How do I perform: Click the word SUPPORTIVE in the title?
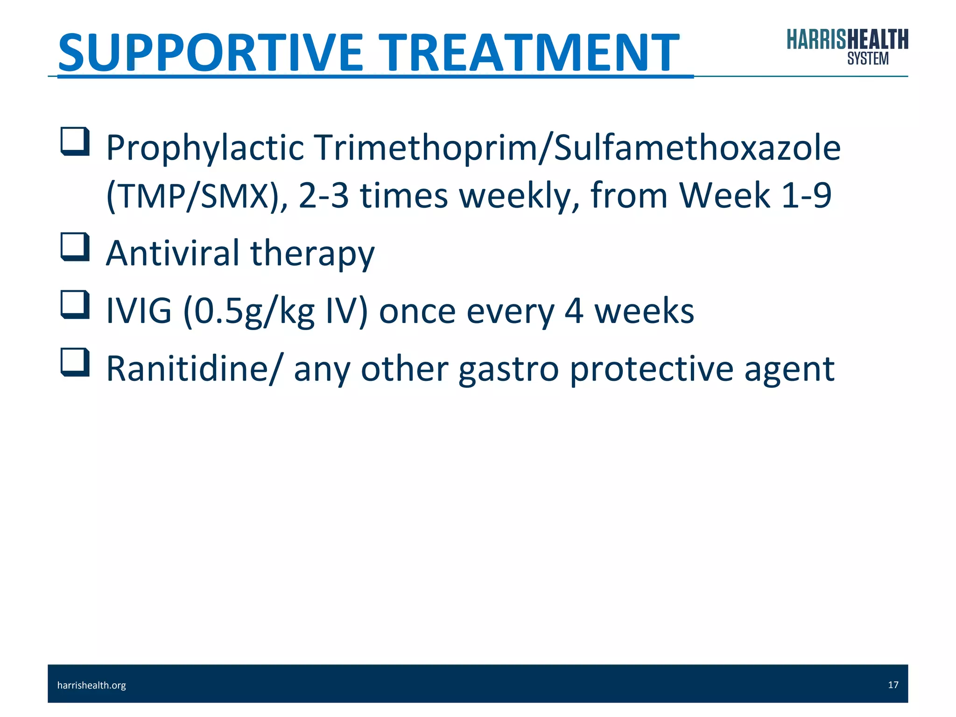tap(210, 52)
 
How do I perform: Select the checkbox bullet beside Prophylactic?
tap(75, 141)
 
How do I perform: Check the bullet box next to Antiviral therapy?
tap(75, 247)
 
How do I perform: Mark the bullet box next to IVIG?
tap(75, 305)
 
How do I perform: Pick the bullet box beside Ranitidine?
tap(75, 362)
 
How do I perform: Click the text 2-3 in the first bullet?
tap(323, 196)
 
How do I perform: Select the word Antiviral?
tap(172, 253)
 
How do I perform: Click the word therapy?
tap(312, 254)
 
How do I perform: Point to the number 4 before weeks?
tap(574, 312)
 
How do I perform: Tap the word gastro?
tap(508, 370)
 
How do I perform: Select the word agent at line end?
tap(789, 370)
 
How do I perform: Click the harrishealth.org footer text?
tap(91, 685)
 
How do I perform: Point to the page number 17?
tap(893, 685)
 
